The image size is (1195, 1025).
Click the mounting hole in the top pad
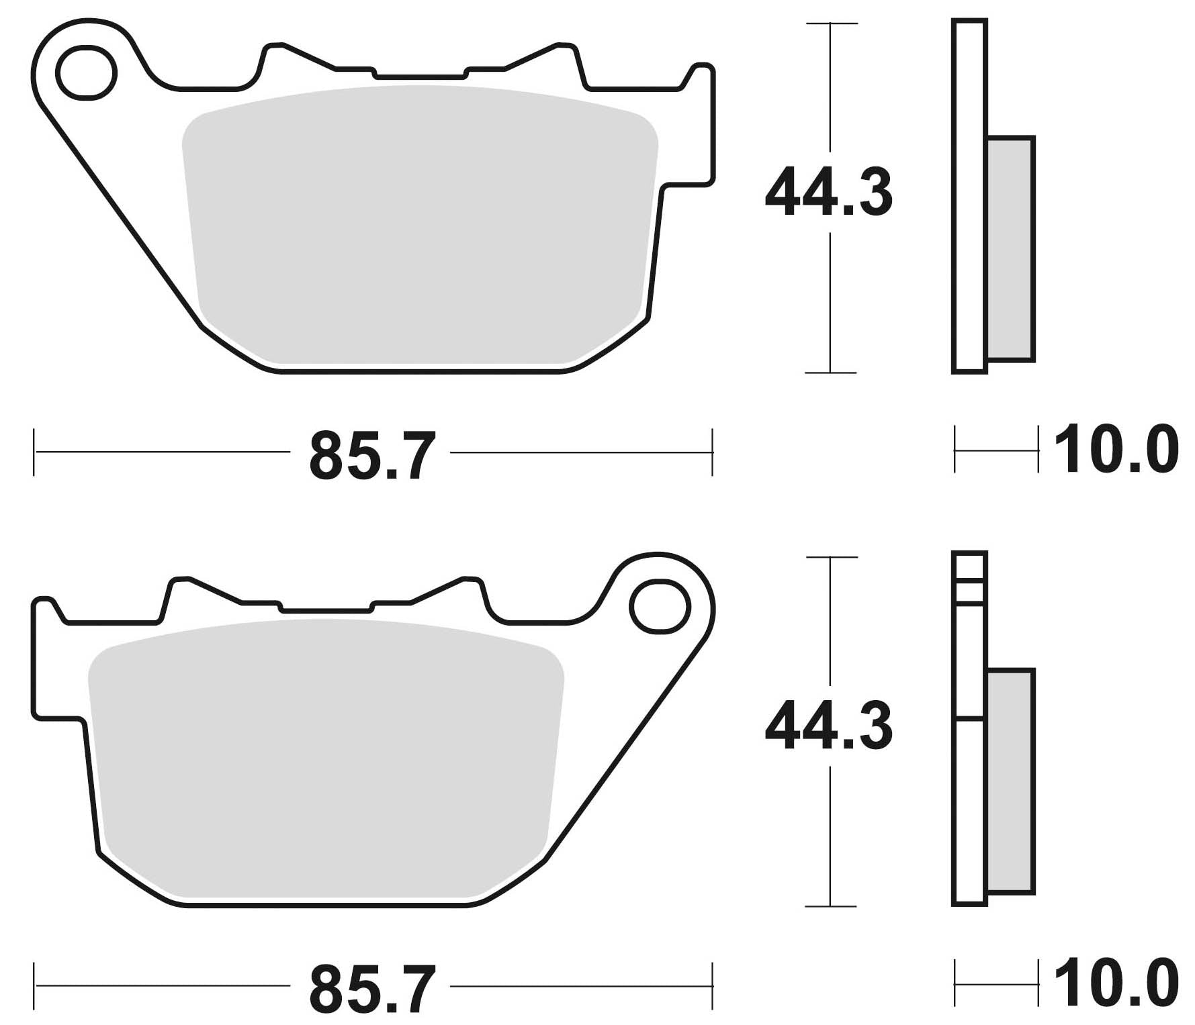tap(86, 72)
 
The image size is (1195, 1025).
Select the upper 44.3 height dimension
tap(829, 193)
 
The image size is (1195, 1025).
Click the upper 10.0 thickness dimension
tap(1115, 450)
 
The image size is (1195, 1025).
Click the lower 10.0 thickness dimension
tap(1115, 984)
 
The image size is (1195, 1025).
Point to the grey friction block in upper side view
tap(1010, 248)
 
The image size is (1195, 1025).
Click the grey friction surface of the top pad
tap(420, 228)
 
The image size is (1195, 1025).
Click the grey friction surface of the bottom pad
tap(326, 759)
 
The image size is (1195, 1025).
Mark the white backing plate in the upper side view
tap(969, 195)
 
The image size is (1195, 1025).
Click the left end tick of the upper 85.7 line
tap(34, 453)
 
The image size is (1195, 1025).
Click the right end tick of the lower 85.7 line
tap(712, 986)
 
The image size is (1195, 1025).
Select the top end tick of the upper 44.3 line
tap(832, 24)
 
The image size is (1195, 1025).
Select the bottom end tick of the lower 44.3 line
tap(832, 906)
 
